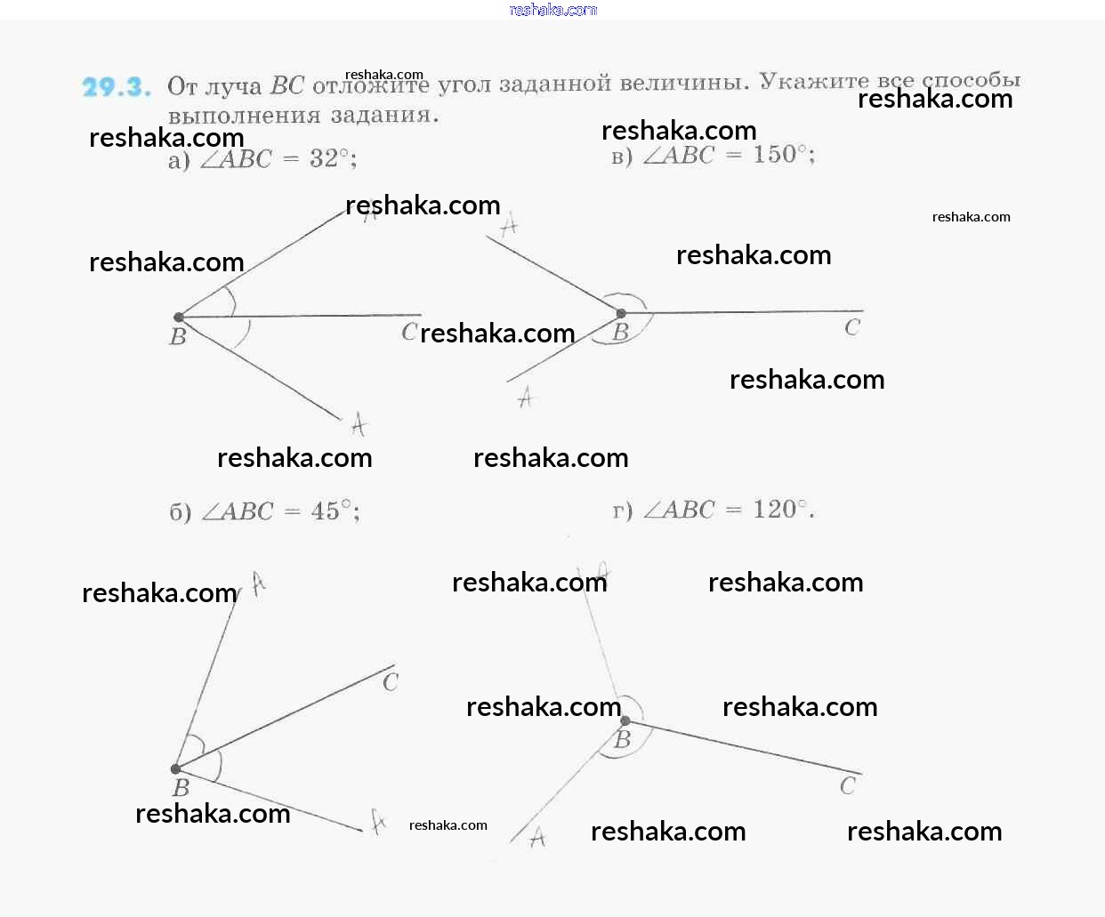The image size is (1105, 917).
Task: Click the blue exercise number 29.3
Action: click(x=116, y=87)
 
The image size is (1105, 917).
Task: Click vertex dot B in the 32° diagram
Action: click(x=179, y=317)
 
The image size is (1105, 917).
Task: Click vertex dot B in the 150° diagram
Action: click(x=621, y=313)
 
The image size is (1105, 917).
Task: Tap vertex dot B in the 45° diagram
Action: click(x=176, y=768)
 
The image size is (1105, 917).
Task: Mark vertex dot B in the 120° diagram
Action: click(x=625, y=720)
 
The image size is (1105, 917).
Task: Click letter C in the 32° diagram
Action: click(x=408, y=333)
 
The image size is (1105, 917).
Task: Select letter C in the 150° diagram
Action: click(x=852, y=328)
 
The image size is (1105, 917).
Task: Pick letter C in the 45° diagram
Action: click(x=390, y=682)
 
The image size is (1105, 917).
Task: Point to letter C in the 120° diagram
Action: click(x=847, y=785)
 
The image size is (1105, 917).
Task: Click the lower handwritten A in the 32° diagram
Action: click(x=358, y=424)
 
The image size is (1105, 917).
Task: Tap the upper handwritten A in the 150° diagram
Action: click(x=509, y=226)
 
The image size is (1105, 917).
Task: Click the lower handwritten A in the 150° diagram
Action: click(x=526, y=397)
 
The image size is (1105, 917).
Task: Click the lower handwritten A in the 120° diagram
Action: click(x=537, y=837)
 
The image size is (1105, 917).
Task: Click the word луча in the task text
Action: click(x=234, y=86)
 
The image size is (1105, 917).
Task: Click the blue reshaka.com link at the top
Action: click(x=552, y=10)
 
